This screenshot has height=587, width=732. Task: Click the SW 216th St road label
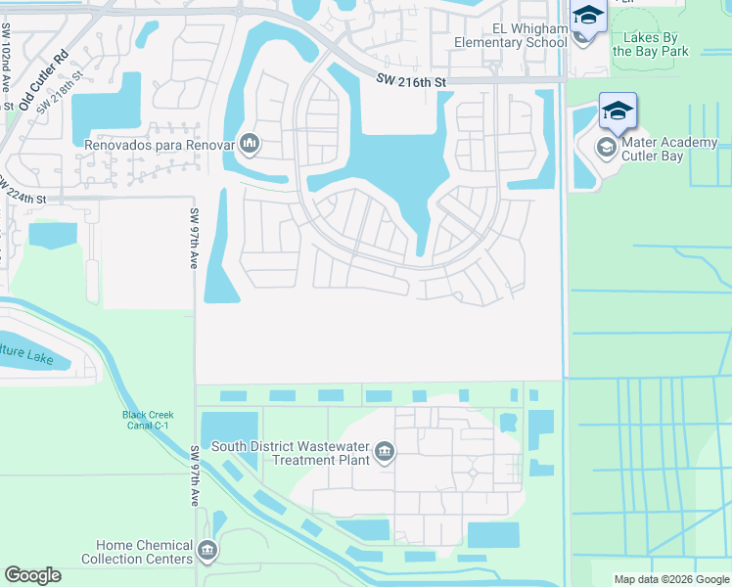point(412,84)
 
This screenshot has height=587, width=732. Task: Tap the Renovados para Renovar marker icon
point(250,145)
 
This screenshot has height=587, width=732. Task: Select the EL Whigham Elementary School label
point(511,35)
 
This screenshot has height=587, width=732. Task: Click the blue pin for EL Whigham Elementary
point(588,17)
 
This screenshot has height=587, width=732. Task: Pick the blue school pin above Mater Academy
point(618,111)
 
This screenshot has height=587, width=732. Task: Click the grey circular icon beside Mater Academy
point(607,148)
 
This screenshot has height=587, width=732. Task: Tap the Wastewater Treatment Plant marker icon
point(385,452)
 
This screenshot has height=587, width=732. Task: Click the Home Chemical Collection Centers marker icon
point(206,552)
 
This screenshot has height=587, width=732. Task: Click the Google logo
point(32,575)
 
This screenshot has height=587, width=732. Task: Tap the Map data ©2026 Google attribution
point(671,579)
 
